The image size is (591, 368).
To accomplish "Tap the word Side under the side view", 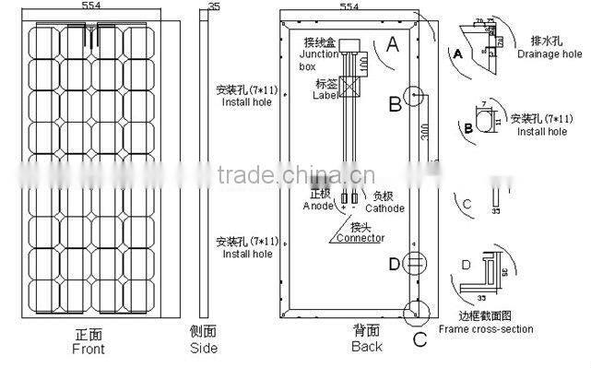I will point(204,349).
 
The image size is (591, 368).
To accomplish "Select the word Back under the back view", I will point(366,347).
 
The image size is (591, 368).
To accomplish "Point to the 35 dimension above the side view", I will point(215,6).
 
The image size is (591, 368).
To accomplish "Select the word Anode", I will point(318,206).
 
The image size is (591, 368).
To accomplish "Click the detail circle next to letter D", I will point(415,265).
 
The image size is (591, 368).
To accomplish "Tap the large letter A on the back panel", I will point(394,42).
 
